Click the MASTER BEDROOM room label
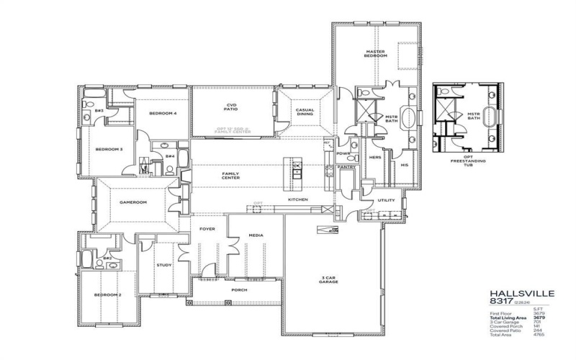(x=377, y=55)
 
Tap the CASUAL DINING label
(x=305, y=112)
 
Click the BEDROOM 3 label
(x=109, y=150)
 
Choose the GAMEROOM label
(x=133, y=202)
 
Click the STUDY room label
(x=164, y=266)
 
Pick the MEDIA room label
(x=256, y=235)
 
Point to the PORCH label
(x=238, y=291)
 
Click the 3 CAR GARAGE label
(x=330, y=279)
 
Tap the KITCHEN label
(x=299, y=199)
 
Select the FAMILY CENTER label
(x=230, y=176)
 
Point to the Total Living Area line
(x=507, y=318)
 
